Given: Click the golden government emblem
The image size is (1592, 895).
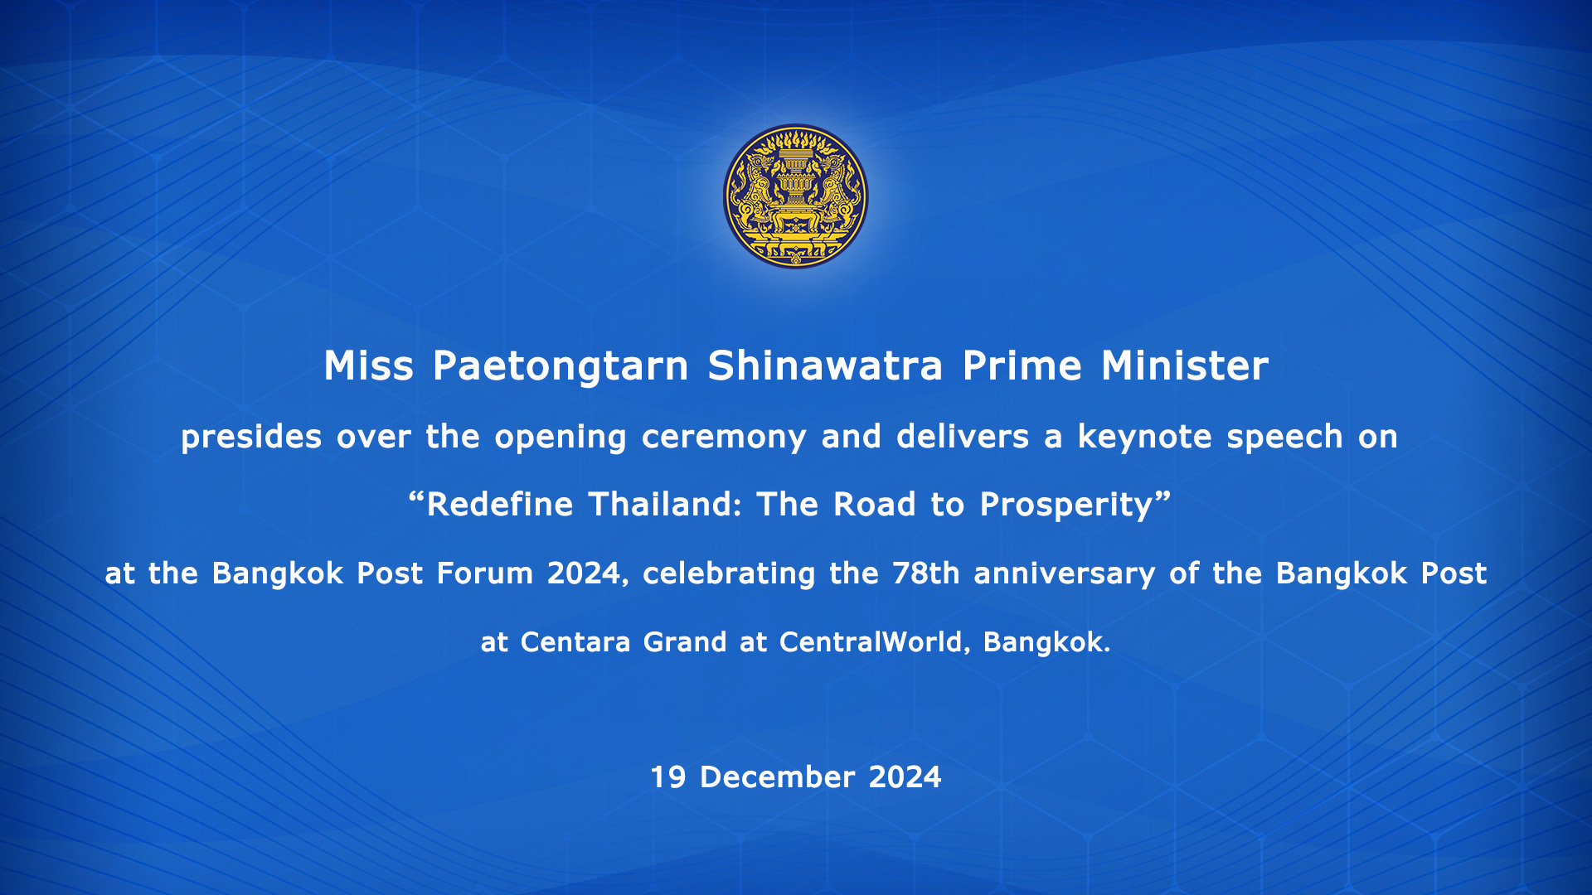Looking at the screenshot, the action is (796, 196).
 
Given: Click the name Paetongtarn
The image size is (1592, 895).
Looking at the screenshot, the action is (561, 366).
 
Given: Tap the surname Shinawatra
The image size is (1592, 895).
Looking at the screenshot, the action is (825, 365).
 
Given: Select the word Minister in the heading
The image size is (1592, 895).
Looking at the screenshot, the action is (1185, 365).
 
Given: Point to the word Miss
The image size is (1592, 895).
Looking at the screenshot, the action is (368, 365).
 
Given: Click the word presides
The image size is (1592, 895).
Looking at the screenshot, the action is (251, 438).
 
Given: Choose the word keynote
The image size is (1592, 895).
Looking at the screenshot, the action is (1145, 437).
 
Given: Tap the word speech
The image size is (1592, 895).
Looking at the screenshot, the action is (1284, 438).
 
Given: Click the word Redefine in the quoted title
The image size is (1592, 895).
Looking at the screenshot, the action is (499, 505).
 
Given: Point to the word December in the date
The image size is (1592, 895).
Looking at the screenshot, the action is (777, 777).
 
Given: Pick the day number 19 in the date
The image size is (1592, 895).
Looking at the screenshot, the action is (668, 777).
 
